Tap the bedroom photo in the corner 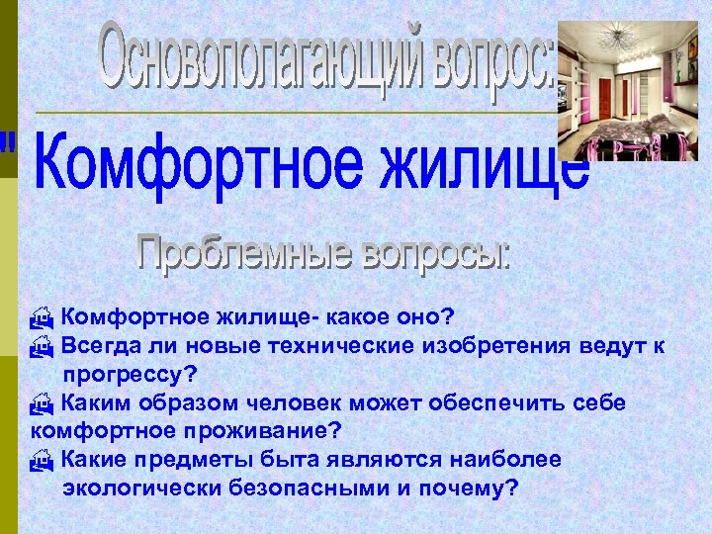pos(628,90)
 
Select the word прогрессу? pos(130,375)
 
